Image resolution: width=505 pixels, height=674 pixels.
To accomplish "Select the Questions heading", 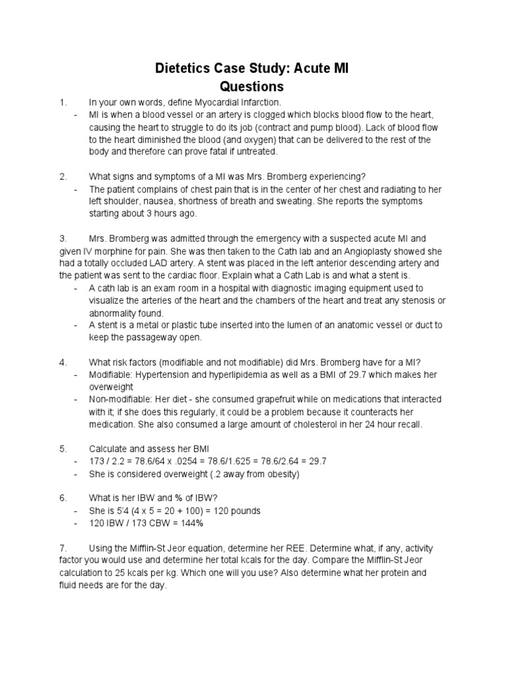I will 252,86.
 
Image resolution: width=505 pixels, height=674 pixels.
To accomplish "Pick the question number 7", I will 62,548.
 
